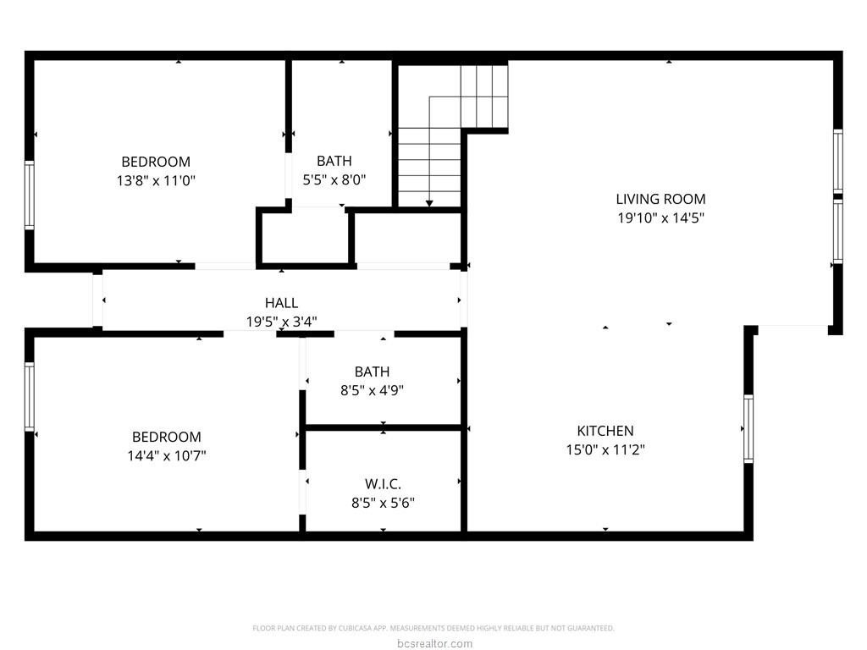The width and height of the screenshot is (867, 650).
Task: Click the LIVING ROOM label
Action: [660, 199]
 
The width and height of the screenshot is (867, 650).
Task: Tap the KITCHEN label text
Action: [605, 431]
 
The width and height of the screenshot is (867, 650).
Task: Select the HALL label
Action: [281, 303]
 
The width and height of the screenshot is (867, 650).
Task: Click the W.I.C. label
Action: [383, 484]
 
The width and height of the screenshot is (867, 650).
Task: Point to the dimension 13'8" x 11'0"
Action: [156, 180]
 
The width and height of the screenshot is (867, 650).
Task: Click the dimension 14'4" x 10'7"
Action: [167, 455]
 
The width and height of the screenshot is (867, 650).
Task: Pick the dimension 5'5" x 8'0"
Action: [334, 180]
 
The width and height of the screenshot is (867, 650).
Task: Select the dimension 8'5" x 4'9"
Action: [372, 390]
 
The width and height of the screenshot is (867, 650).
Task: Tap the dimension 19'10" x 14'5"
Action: [660, 218]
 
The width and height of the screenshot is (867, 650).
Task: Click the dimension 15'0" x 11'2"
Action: [605, 450]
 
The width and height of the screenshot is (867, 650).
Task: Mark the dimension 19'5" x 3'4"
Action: [281, 322]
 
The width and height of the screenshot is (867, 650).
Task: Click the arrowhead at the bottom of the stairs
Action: [429, 203]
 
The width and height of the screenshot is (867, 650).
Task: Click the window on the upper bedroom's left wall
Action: [30, 196]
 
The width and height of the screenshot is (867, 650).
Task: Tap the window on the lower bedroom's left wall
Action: [30, 396]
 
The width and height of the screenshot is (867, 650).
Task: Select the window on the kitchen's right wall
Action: [748, 428]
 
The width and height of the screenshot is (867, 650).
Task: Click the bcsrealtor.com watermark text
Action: [433, 644]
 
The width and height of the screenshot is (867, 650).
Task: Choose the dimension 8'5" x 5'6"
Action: [383, 503]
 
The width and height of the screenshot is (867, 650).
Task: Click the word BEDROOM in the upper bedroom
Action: [156, 162]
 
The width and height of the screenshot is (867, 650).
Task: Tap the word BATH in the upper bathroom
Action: [334, 161]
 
